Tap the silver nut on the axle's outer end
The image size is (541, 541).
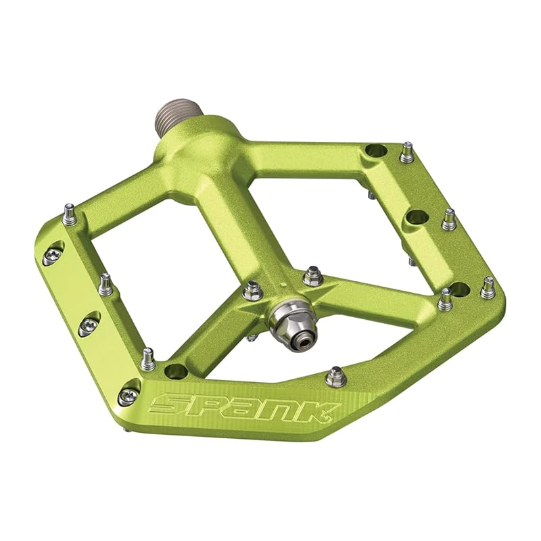[x=289, y=320]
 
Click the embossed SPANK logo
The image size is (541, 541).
[x=245, y=408]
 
